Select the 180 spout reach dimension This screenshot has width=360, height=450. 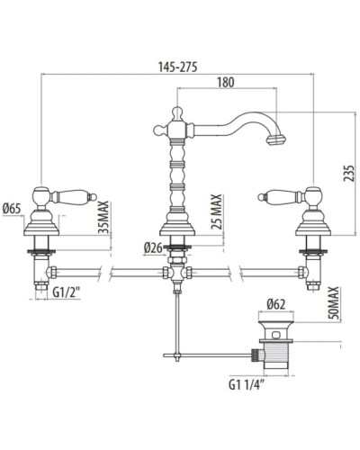[225, 83]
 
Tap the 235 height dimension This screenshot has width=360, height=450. [346, 167]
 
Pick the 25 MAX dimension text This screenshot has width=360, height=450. [216, 211]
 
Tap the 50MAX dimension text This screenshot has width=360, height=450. [332, 304]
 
